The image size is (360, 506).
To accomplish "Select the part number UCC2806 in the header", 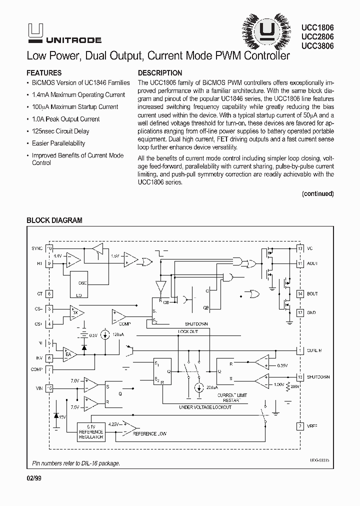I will (x=318, y=36).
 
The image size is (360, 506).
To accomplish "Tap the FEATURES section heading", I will (x=44, y=72).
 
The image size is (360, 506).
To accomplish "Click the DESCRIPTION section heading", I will (x=160, y=72).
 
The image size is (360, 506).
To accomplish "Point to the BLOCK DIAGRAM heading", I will (x=54, y=220).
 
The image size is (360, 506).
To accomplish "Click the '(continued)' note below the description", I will (x=318, y=193).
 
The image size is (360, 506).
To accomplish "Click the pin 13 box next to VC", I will (x=300, y=248).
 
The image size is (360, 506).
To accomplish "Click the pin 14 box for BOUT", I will (x=300, y=294).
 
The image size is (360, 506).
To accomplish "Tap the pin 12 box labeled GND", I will (x=300, y=312).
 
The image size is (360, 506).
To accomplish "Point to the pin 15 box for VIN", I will (x=49, y=387).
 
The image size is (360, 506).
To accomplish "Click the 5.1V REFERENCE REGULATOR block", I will (x=91, y=431).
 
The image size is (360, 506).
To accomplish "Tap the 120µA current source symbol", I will (x=105, y=335).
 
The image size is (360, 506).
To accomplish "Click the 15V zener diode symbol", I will (x=56, y=416).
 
